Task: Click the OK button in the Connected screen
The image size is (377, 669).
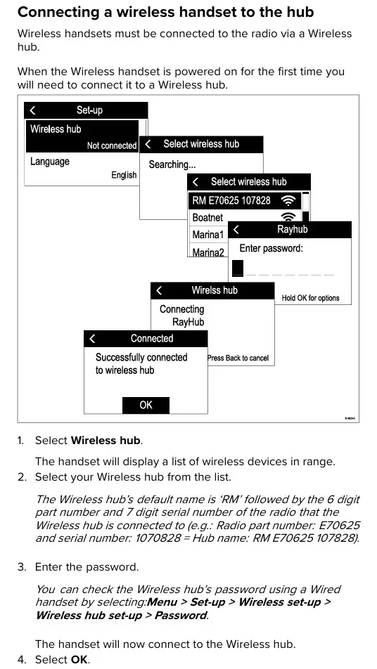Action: (146, 405)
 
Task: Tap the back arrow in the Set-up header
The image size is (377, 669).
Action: (32, 110)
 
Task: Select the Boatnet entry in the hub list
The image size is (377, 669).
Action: (207, 218)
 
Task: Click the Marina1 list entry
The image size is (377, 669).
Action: (208, 235)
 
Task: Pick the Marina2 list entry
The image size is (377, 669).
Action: (208, 252)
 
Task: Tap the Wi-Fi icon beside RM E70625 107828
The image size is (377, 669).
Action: (289, 200)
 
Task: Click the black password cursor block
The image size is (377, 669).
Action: (238, 268)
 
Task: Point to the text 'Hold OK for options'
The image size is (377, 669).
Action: (310, 298)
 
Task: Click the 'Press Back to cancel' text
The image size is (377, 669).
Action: (238, 358)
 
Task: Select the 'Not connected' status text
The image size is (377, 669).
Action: (112, 145)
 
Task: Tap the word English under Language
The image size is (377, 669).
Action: (124, 175)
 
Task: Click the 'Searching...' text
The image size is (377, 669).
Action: (172, 164)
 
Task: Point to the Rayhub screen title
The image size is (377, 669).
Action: (293, 229)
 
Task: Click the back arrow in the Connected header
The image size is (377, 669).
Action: (93, 339)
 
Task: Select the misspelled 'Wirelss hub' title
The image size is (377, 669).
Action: (215, 290)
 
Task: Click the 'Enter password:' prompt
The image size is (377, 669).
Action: (271, 248)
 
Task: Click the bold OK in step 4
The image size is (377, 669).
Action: (79, 660)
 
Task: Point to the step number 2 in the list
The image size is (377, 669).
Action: (21, 476)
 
